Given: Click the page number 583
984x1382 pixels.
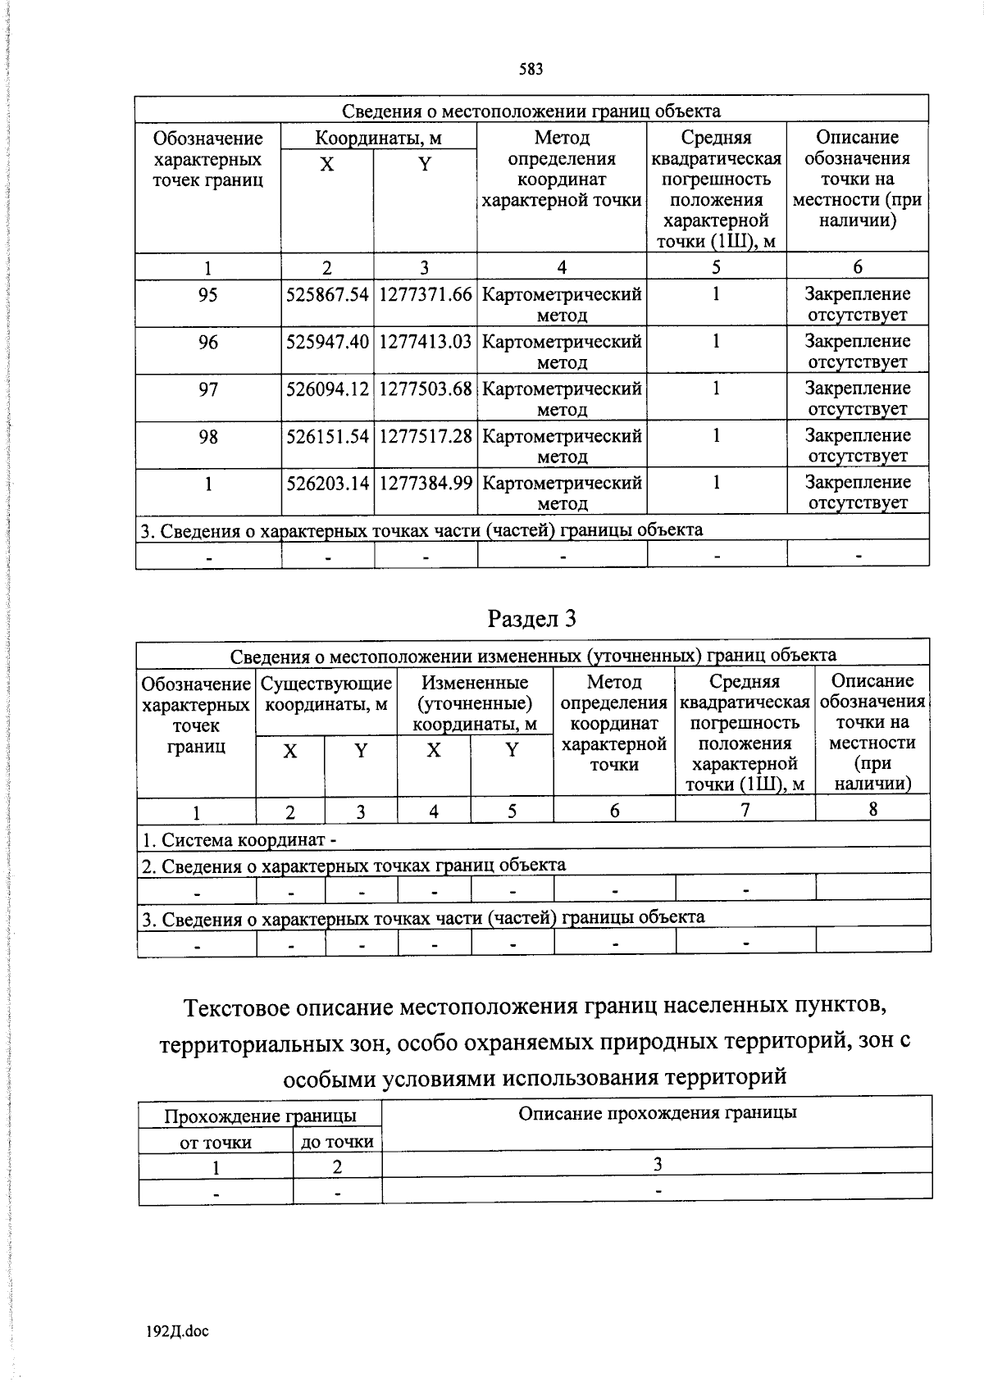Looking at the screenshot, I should pos(531,70).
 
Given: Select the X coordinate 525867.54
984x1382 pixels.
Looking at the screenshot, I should pos(327,294).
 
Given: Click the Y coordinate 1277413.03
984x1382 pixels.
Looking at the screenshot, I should pos(425,341).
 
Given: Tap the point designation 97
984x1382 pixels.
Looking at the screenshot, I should pos(208,389).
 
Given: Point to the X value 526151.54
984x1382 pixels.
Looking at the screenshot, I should pos(327,436).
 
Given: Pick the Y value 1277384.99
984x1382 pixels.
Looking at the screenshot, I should pos(425,484).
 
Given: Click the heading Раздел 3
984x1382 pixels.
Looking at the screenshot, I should pos(531,619).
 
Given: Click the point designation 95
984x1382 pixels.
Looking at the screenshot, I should pos(208,294).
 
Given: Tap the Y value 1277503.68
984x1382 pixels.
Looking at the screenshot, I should pos(425,389).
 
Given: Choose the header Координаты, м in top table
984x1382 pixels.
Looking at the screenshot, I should pos(378,138).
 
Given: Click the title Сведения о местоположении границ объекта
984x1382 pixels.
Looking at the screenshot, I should pos(531,111).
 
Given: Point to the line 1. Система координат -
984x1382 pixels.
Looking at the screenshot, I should pos(239,840).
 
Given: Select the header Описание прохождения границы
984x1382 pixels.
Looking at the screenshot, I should pos(657,1113).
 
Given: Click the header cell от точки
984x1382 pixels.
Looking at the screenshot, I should pos(215,1142).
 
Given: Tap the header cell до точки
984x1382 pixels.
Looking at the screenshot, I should pos(337,1142).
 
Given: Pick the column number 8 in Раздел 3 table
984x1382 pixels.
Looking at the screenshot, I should pos(872,810).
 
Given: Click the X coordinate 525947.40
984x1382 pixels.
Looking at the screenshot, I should pos(327,341).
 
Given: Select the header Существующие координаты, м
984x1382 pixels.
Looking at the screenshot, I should pos(326,693).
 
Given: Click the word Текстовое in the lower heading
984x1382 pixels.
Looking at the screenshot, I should pos(238,1007).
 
